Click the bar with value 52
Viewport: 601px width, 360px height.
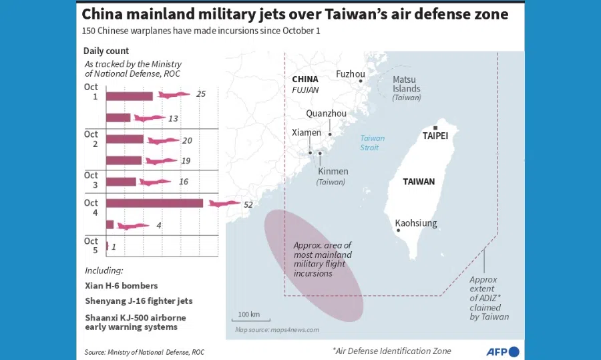pyautogui.click(x=154, y=203)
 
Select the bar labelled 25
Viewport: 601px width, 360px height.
pyautogui.click(x=130, y=96)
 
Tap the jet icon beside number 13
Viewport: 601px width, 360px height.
pyautogui.click(x=150, y=118)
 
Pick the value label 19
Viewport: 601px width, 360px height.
pyautogui.click(x=186, y=161)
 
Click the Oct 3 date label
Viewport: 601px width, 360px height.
pyautogui.click(x=91, y=180)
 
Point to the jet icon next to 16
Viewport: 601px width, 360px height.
pyautogui.click(x=156, y=182)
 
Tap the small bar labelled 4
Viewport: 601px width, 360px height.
pyautogui.click(x=110, y=224)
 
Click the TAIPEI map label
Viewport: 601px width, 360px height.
pyautogui.click(x=435, y=136)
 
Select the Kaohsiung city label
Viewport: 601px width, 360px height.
pyautogui.click(x=416, y=223)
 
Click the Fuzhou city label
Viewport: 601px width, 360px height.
pyautogui.click(x=351, y=74)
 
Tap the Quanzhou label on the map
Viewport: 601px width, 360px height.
pyautogui.click(x=327, y=114)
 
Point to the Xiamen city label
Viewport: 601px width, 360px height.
pyautogui.click(x=307, y=132)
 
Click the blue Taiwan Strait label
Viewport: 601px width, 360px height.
pyautogui.click(x=373, y=142)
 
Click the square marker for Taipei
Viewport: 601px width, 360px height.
pyautogui.click(x=435, y=128)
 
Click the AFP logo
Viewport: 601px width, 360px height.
pyautogui.click(x=502, y=351)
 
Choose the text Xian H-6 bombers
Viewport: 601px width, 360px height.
pyautogui.click(x=122, y=286)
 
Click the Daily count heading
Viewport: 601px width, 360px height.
pyautogui.click(x=106, y=51)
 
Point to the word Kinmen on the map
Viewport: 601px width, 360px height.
pyautogui.click(x=333, y=172)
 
